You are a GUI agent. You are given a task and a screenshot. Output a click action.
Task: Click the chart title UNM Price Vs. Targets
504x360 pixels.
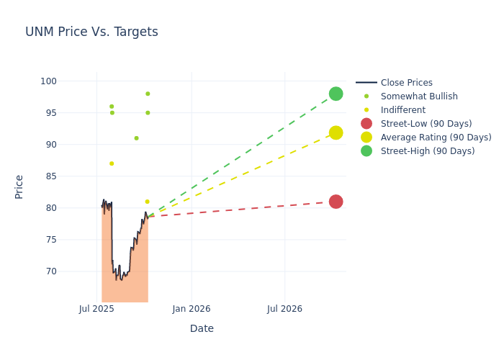click(91, 32)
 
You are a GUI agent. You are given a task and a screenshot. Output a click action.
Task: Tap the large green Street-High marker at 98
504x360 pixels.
click(336, 94)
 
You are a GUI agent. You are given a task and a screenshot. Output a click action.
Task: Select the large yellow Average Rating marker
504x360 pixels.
click(336, 132)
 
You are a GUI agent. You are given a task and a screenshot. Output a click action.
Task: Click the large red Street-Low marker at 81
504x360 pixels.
click(336, 202)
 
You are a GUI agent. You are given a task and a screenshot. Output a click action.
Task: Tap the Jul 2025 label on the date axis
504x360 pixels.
click(97, 309)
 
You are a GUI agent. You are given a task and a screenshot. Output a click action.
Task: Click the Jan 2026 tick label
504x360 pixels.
click(192, 309)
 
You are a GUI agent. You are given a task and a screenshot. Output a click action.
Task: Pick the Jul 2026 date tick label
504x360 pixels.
click(284, 309)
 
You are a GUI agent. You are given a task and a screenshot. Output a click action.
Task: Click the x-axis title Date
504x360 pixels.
click(202, 328)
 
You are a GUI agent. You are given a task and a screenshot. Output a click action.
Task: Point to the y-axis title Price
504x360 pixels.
click(19, 186)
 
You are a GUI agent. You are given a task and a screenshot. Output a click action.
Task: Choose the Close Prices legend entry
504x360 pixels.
click(406, 83)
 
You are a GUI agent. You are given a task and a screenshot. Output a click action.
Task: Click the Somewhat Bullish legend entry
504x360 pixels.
click(418, 96)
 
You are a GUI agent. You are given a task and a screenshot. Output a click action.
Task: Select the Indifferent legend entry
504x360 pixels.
click(402, 110)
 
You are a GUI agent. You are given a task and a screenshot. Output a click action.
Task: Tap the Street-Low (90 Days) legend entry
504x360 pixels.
click(426, 124)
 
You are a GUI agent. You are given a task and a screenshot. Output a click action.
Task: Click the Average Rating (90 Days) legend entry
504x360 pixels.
click(436, 138)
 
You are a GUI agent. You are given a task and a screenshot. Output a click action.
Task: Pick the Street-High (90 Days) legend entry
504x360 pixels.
click(427, 151)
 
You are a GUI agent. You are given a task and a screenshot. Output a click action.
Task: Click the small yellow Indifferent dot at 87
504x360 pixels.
click(112, 163)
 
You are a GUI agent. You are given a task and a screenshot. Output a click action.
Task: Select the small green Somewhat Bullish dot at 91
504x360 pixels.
click(136, 138)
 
